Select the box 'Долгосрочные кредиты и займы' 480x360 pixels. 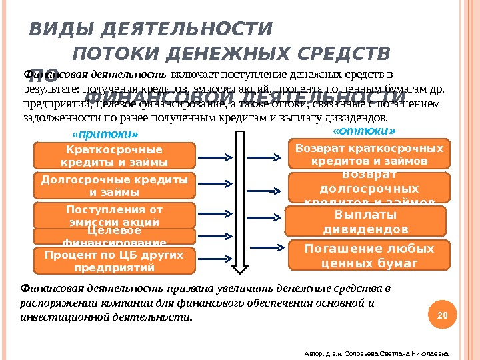114,186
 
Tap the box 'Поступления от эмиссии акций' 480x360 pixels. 114,215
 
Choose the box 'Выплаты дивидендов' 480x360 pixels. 365,221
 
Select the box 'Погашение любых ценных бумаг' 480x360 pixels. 369,255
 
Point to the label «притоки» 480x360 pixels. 91,133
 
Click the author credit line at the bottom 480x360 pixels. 376,352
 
